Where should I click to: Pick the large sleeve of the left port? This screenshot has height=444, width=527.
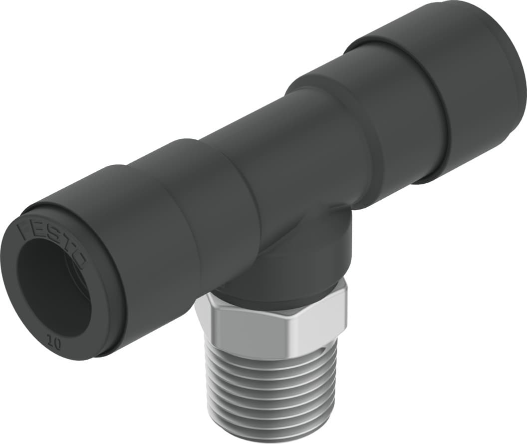coord(150,240)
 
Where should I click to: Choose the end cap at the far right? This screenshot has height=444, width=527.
coord(479,85)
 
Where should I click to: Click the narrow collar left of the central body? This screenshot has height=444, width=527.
coord(220,200)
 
